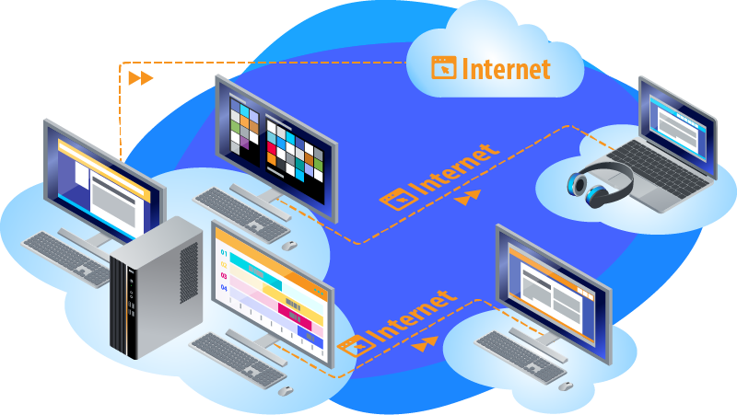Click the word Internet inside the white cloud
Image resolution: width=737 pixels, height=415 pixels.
point(506,68)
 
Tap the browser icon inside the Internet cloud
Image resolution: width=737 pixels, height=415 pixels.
point(444,67)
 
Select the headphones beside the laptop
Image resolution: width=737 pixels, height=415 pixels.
point(594,180)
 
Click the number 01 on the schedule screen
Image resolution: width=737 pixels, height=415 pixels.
point(223,253)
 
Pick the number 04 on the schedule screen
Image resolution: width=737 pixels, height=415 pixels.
point(223,288)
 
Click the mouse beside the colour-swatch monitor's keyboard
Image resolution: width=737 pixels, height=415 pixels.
point(288,245)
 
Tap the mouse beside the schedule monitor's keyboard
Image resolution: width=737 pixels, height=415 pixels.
point(286,390)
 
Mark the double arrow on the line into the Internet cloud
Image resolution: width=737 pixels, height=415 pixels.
point(141,78)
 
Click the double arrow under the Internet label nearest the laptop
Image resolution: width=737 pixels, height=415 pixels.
point(471,197)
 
